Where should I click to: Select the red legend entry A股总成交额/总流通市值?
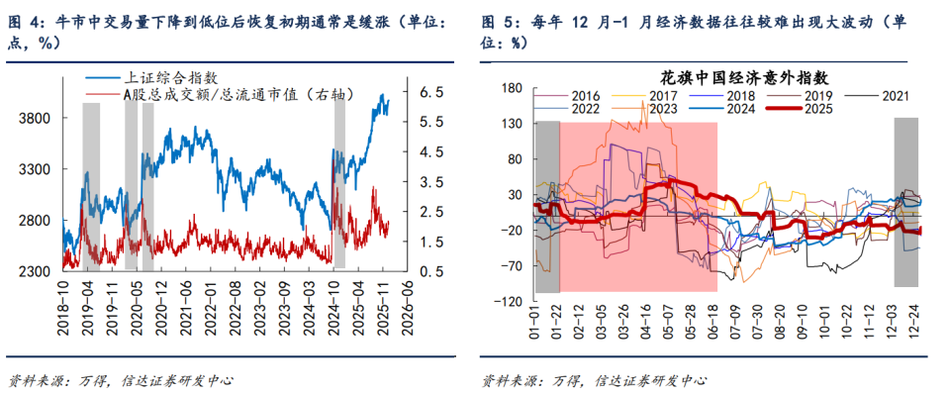[x=214, y=94]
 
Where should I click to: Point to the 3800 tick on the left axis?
[x=37, y=119]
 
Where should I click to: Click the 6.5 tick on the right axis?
[x=436, y=91]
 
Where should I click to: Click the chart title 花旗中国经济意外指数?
[x=729, y=76]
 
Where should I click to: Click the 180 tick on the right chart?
[x=511, y=89]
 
